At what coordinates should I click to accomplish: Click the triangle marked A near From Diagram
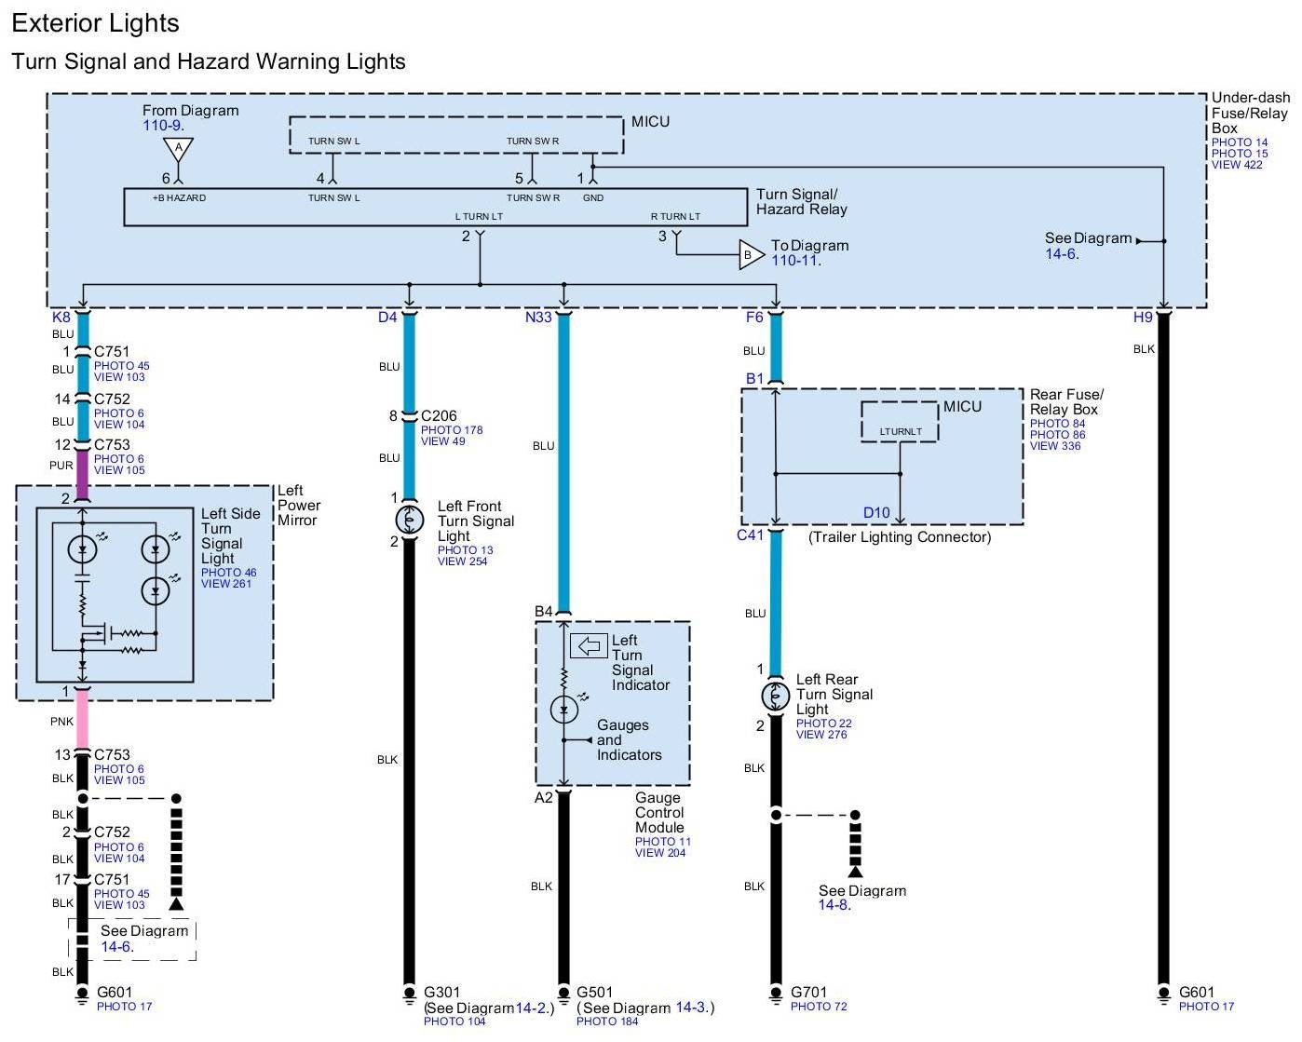[x=179, y=149]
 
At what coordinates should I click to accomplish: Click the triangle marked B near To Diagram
[x=751, y=255]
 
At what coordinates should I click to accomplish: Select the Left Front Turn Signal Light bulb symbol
[x=410, y=520]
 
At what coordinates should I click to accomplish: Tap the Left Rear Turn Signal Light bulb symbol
[x=776, y=696]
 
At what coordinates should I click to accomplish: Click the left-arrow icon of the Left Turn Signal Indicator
[x=589, y=645]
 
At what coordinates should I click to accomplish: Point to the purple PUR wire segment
[x=82, y=474]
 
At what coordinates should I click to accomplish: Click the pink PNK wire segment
[x=82, y=720]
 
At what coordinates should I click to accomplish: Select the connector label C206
[x=439, y=415]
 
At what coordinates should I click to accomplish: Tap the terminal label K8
[x=61, y=318]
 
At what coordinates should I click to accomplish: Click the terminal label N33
[x=538, y=318]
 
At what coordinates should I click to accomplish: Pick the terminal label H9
[x=1143, y=318]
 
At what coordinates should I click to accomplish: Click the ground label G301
[x=441, y=992]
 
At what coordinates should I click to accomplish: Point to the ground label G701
[x=808, y=992]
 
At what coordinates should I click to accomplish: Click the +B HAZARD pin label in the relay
[x=179, y=197]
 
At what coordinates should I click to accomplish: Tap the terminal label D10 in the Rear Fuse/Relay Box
[x=876, y=512]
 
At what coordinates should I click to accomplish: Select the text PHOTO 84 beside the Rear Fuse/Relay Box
[x=1058, y=424]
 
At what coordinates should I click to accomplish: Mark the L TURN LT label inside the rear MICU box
[x=901, y=431]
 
